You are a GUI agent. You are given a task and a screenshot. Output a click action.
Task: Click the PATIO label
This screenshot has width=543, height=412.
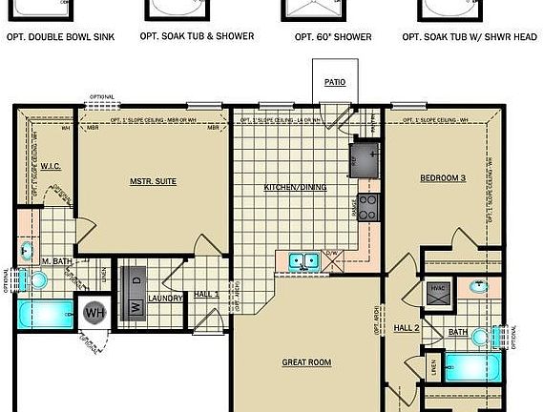click(334, 83)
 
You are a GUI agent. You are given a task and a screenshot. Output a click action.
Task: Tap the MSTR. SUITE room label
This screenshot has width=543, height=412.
click(154, 180)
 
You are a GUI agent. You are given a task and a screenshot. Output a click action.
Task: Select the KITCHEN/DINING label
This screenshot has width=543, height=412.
click(295, 187)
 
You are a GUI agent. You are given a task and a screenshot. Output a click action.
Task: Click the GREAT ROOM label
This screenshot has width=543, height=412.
click(306, 362)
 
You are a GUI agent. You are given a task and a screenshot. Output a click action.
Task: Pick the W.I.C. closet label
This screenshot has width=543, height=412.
click(51, 166)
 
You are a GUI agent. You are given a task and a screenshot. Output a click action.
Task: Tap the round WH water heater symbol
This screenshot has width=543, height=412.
click(95, 312)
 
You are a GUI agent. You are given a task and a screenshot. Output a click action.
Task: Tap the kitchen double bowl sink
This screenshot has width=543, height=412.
click(304, 259)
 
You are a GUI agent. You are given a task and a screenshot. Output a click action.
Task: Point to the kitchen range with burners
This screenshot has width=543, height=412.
click(367, 206)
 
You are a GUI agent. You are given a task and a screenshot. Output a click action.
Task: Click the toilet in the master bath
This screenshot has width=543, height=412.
click(36, 279)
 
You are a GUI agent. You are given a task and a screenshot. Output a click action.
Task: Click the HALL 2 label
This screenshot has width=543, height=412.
click(407, 328)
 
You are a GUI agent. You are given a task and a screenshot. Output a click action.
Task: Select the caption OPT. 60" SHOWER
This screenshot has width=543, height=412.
click(334, 36)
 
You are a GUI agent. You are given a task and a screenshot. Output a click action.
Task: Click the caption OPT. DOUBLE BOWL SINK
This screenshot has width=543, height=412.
click(59, 36)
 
